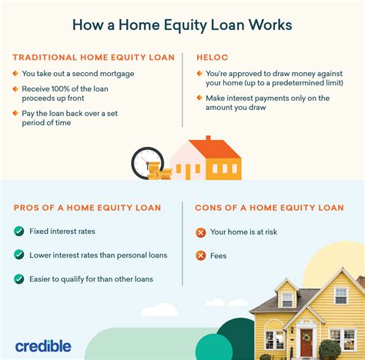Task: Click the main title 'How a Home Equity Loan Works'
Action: (x=182, y=24)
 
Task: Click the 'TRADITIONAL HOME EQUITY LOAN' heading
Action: (x=93, y=58)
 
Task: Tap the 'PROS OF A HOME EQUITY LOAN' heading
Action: (x=87, y=208)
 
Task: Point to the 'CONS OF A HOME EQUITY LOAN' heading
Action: (x=269, y=208)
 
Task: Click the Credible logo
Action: (x=43, y=346)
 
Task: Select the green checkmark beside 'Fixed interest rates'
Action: (x=18, y=231)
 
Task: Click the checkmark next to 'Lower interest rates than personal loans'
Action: (x=18, y=255)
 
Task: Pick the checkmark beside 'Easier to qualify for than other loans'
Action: (x=18, y=278)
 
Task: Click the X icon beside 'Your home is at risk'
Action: (x=201, y=232)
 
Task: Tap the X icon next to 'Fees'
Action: (x=201, y=255)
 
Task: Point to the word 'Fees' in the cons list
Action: (x=218, y=255)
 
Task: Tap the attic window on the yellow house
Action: (x=287, y=299)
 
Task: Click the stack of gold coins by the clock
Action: (x=155, y=172)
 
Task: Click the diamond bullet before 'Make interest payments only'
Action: (x=199, y=98)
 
